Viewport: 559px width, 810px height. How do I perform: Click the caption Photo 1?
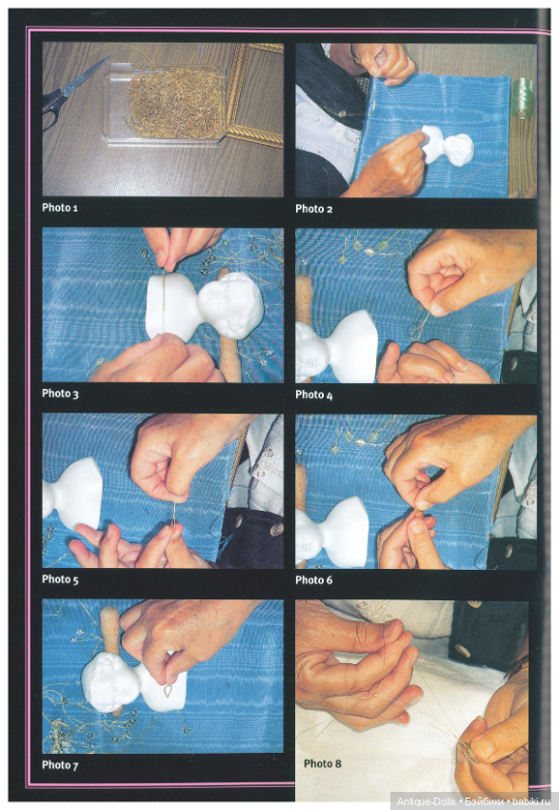click(60, 208)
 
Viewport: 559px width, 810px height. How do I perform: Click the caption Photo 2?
click(314, 210)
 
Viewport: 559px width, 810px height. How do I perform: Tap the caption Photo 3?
click(60, 394)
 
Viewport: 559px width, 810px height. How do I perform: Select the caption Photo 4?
click(314, 395)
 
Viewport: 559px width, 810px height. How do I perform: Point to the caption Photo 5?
click(60, 579)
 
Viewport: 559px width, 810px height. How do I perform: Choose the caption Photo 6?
click(314, 580)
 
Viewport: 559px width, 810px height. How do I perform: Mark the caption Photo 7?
click(60, 765)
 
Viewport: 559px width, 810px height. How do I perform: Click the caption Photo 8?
click(323, 763)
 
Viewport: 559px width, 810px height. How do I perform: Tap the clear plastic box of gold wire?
click(165, 103)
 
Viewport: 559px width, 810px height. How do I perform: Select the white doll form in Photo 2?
click(447, 145)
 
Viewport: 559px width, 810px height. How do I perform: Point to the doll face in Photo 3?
click(230, 305)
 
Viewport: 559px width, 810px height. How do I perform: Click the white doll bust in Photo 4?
click(336, 347)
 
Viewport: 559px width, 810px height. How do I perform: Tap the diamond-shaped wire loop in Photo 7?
click(169, 690)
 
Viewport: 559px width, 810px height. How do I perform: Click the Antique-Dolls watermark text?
click(426, 801)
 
